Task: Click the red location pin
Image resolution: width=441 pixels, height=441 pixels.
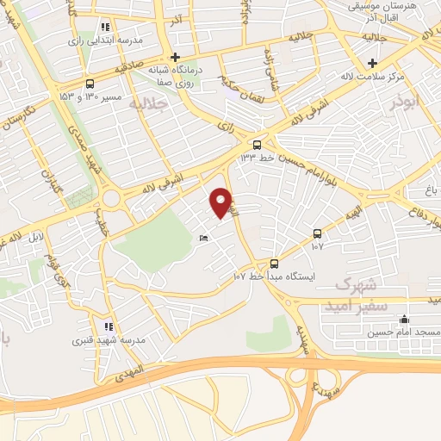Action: click(x=221, y=202)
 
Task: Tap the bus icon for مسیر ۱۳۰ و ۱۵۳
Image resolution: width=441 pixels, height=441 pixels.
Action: click(x=90, y=84)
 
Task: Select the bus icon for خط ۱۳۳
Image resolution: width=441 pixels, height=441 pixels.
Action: click(x=257, y=144)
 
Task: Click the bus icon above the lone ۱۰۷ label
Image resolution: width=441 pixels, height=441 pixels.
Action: click(x=318, y=233)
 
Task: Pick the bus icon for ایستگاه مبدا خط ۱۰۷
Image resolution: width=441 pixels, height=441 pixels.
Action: click(x=274, y=264)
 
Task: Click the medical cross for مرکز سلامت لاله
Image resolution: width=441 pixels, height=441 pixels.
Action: click(x=372, y=63)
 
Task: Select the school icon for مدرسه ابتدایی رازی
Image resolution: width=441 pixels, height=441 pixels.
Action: click(x=107, y=28)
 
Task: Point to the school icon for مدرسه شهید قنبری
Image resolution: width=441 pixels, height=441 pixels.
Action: click(x=109, y=326)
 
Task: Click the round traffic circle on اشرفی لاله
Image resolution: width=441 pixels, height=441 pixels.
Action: click(x=111, y=200)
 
